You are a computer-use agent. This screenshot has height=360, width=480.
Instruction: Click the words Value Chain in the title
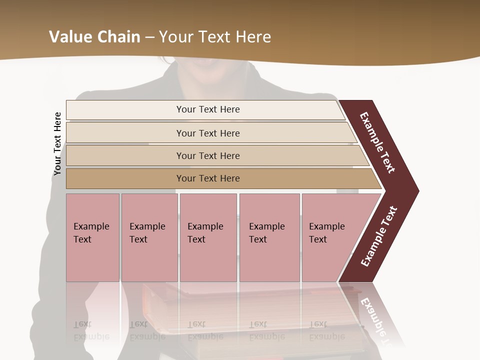coord(94,37)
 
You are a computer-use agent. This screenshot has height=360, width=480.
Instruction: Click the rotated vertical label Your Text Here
coord(57,144)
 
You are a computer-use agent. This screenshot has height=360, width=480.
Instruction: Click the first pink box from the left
coord(92,237)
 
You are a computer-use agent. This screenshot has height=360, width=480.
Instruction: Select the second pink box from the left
coord(149,237)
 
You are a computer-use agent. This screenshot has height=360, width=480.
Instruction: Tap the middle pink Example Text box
coord(208,237)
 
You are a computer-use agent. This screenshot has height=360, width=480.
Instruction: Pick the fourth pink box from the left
coord(269,237)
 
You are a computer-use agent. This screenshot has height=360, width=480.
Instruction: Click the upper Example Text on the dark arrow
coord(377,142)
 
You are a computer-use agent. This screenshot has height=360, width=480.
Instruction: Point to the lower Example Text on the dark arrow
coord(379,236)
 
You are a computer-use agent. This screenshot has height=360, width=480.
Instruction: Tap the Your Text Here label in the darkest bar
coord(208,178)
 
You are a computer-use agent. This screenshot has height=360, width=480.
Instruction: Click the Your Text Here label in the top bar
coord(208,109)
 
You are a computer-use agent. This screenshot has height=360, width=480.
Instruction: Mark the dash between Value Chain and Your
coord(149,37)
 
